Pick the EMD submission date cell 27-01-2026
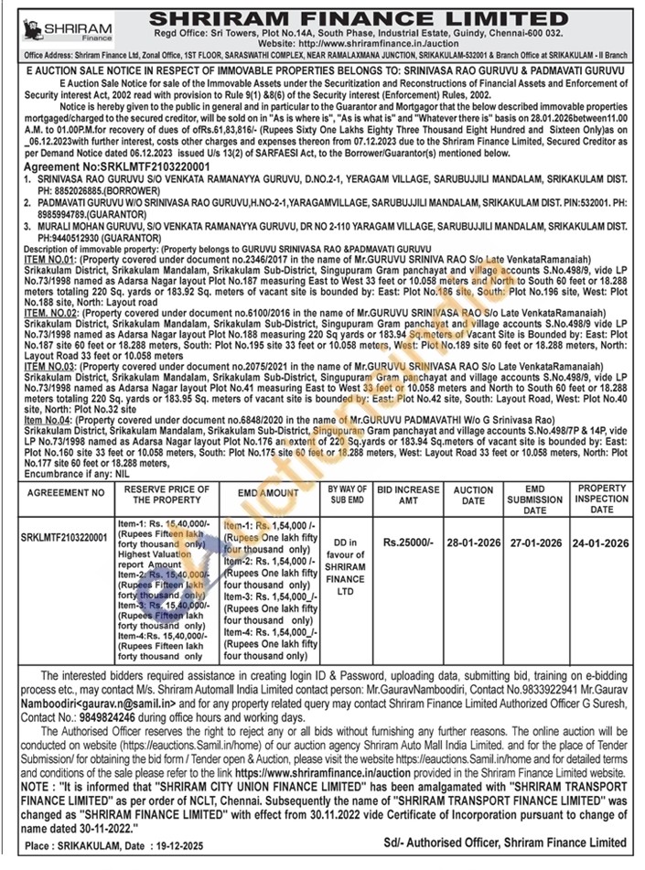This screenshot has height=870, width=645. click(535, 542)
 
